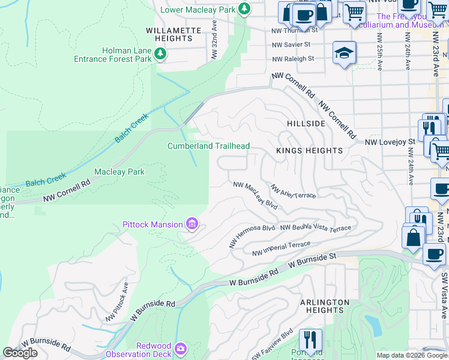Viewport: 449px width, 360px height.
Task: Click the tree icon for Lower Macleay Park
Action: coord(244,9)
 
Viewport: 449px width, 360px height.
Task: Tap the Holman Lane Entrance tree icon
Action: coord(160,55)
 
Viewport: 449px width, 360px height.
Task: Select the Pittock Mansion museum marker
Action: coord(192,224)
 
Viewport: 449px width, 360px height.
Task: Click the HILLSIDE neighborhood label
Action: coord(306,123)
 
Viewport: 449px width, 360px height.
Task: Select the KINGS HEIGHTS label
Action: coord(309,151)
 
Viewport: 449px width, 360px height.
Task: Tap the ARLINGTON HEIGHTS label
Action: coord(324,306)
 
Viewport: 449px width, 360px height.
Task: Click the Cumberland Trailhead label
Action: coord(208,146)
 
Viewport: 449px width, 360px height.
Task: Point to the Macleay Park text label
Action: coord(119,172)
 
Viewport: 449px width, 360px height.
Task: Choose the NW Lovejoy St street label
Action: coord(391,142)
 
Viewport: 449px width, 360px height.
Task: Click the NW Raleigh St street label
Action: coord(293,59)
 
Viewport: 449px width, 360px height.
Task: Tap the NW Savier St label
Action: coord(291,44)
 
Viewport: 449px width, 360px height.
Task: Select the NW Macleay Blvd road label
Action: coord(256,195)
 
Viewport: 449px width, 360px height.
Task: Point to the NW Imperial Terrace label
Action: coord(282,248)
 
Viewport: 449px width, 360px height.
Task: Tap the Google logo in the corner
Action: coord(20,353)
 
